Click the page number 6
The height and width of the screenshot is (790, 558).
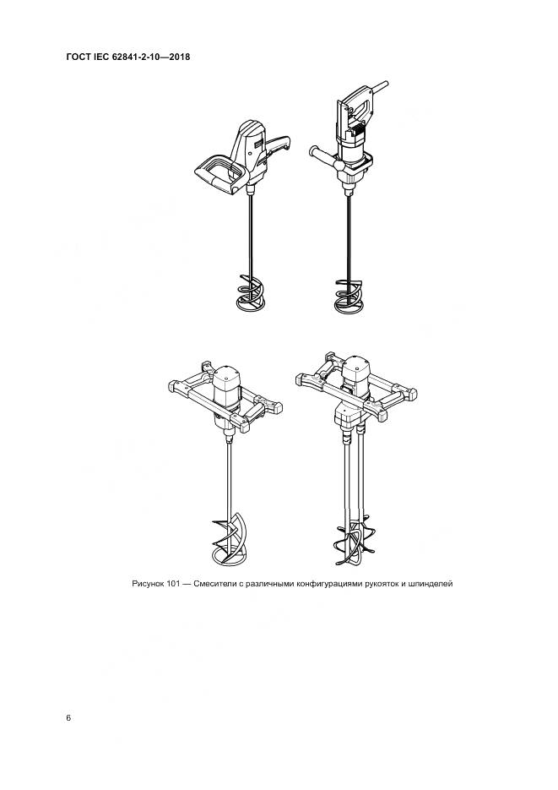68,717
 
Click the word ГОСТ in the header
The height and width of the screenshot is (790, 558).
78,57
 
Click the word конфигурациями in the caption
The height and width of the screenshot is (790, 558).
331,584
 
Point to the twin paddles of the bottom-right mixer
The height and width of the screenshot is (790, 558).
352,541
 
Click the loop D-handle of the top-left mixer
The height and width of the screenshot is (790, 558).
220,173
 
